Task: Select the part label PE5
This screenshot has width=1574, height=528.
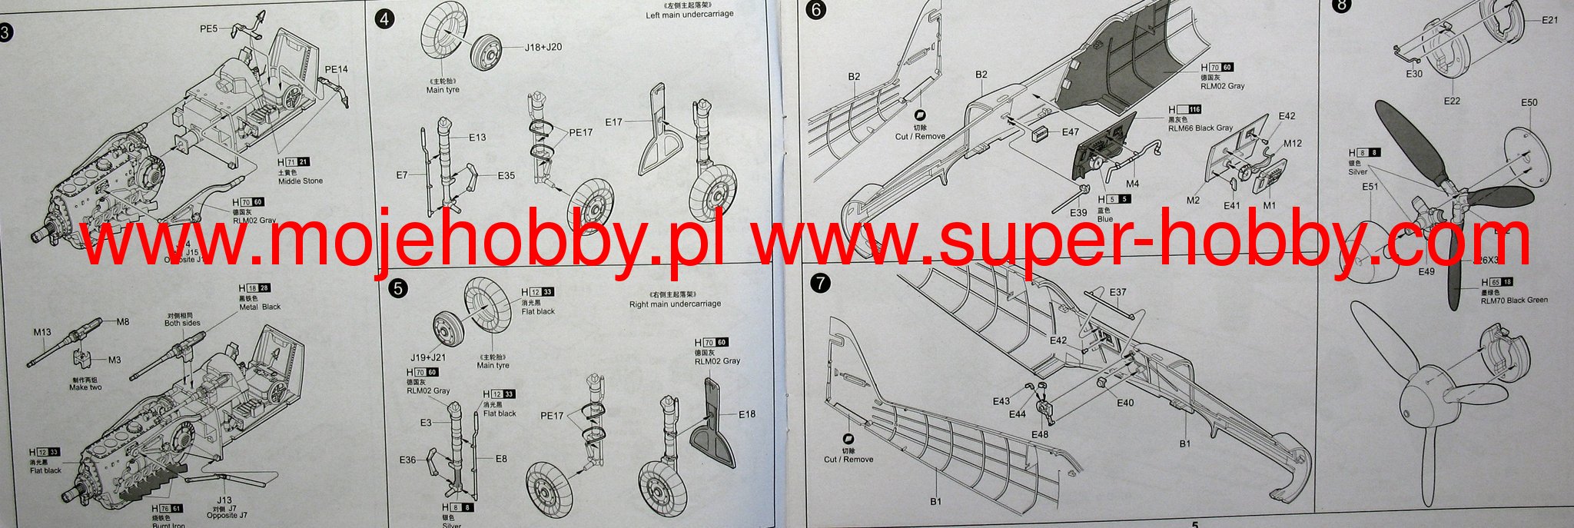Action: (209, 29)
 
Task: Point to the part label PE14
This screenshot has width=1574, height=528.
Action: (336, 69)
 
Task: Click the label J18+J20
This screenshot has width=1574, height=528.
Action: (543, 47)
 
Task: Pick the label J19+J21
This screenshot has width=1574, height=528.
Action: (428, 357)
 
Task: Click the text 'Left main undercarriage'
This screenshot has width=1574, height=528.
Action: (689, 15)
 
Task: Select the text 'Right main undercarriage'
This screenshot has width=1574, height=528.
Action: (675, 304)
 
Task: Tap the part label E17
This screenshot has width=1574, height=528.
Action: (614, 121)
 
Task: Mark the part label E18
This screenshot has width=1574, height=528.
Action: (746, 414)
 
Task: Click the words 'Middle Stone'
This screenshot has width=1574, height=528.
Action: (301, 181)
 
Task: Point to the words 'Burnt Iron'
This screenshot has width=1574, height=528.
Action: (168, 526)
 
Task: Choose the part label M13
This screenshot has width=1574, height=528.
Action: (42, 332)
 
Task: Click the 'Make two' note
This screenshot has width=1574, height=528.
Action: (85, 387)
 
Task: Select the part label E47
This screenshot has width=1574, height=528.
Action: (1070, 132)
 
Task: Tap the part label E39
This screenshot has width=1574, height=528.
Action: (1078, 213)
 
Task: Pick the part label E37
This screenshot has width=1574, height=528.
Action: (1117, 292)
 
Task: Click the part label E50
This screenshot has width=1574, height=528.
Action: (1529, 102)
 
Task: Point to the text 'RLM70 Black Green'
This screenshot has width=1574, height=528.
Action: (1514, 300)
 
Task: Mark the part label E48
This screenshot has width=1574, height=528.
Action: (1039, 434)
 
